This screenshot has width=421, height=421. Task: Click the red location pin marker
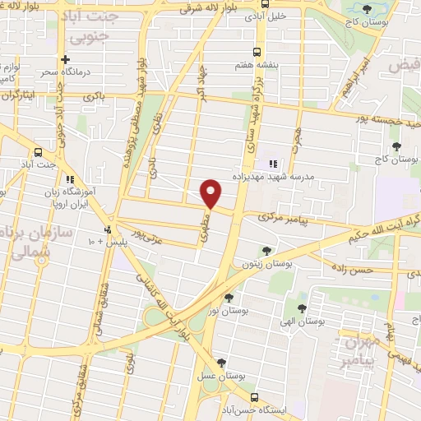[x=212, y=193]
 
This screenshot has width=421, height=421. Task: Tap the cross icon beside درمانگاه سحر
[x=64, y=60]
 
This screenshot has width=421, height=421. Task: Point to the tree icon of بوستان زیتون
[x=265, y=250]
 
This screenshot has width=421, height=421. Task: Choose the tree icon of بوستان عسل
[x=220, y=363]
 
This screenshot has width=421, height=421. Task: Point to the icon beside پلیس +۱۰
[x=108, y=229]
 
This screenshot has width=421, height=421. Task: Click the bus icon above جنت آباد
[x=38, y=152]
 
